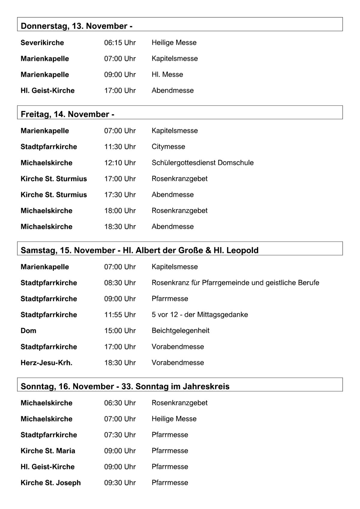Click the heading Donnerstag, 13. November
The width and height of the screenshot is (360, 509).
(x=76, y=26)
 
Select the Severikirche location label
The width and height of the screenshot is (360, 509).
(x=42, y=43)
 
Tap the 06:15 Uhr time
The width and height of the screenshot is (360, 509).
(x=120, y=43)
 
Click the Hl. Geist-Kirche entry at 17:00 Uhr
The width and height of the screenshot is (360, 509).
(x=47, y=91)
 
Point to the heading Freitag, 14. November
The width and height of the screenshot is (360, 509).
(x=67, y=114)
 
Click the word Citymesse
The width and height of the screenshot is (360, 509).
(x=168, y=147)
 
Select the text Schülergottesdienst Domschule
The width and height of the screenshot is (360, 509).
(x=202, y=163)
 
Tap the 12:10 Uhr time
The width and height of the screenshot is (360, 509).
(x=120, y=163)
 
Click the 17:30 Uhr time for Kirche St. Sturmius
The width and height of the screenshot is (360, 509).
(x=120, y=195)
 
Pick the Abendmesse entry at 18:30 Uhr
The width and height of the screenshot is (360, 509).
(x=172, y=226)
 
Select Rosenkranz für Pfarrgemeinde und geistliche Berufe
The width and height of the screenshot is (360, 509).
(x=235, y=283)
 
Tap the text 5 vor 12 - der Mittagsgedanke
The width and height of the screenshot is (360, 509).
(x=200, y=315)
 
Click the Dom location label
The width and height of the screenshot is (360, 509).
(x=28, y=331)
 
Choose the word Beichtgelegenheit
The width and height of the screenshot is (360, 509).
(x=181, y=331)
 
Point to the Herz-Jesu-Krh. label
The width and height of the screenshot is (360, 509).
(x=46, y=363)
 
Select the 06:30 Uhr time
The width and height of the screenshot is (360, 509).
(x=120, y=403)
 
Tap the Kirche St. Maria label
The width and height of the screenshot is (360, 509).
(x=48, y=451)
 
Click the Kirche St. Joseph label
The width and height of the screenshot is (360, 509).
(x=51, y=483)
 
